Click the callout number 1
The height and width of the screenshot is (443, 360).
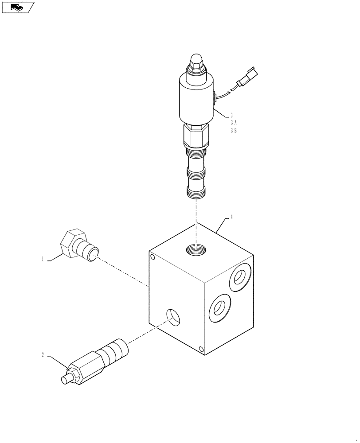point(43,260)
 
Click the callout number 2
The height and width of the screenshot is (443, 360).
point(43,354)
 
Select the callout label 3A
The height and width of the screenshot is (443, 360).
point(233,123)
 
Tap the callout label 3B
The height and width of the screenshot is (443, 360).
point(233,131)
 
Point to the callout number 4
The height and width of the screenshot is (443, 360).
point(231,218)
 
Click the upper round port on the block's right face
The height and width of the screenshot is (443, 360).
point(239,278)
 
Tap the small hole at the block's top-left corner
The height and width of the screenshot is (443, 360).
point(153,257)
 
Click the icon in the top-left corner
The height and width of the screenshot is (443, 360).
point(18,7)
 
